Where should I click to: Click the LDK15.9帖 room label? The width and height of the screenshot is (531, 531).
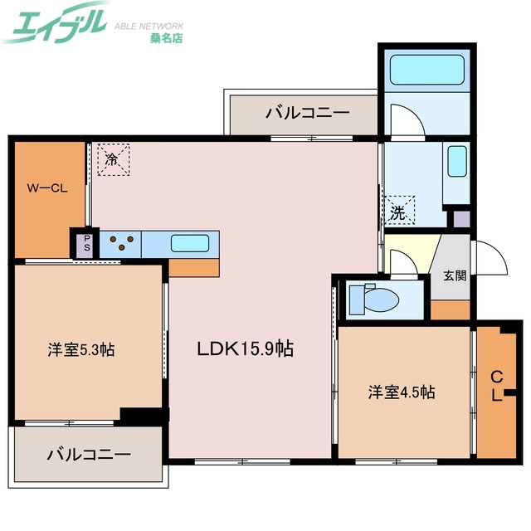pyautogui.click(x=244, y=349)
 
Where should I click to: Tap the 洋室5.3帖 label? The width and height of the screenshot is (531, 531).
pyautogui.click(x=80, y=349)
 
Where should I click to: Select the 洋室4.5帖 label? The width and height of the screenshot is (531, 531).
pyautogui.click(x=402, y=392)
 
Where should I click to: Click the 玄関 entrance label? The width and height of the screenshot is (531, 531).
pyautogui.click(x=454, y=275)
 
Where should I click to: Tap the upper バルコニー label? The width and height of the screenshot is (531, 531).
pyautogui.click(x=308, y=114)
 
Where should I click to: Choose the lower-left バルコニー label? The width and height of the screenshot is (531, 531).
pyautogui.click(x=89, y=455)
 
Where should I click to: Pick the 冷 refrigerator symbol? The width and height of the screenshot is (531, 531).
pyautogui.click(x=112, y=159)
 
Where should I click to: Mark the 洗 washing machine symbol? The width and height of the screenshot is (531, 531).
pyautogui.click(x=399, y=211)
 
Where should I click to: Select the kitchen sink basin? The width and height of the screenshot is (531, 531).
pyautogui.click(x=190, y=244)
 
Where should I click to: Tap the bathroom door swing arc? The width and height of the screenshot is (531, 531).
pyautogui.click(x=407, y=120)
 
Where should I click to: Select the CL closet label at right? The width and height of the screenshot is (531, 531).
pyautogui.click(x=496, y=385)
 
